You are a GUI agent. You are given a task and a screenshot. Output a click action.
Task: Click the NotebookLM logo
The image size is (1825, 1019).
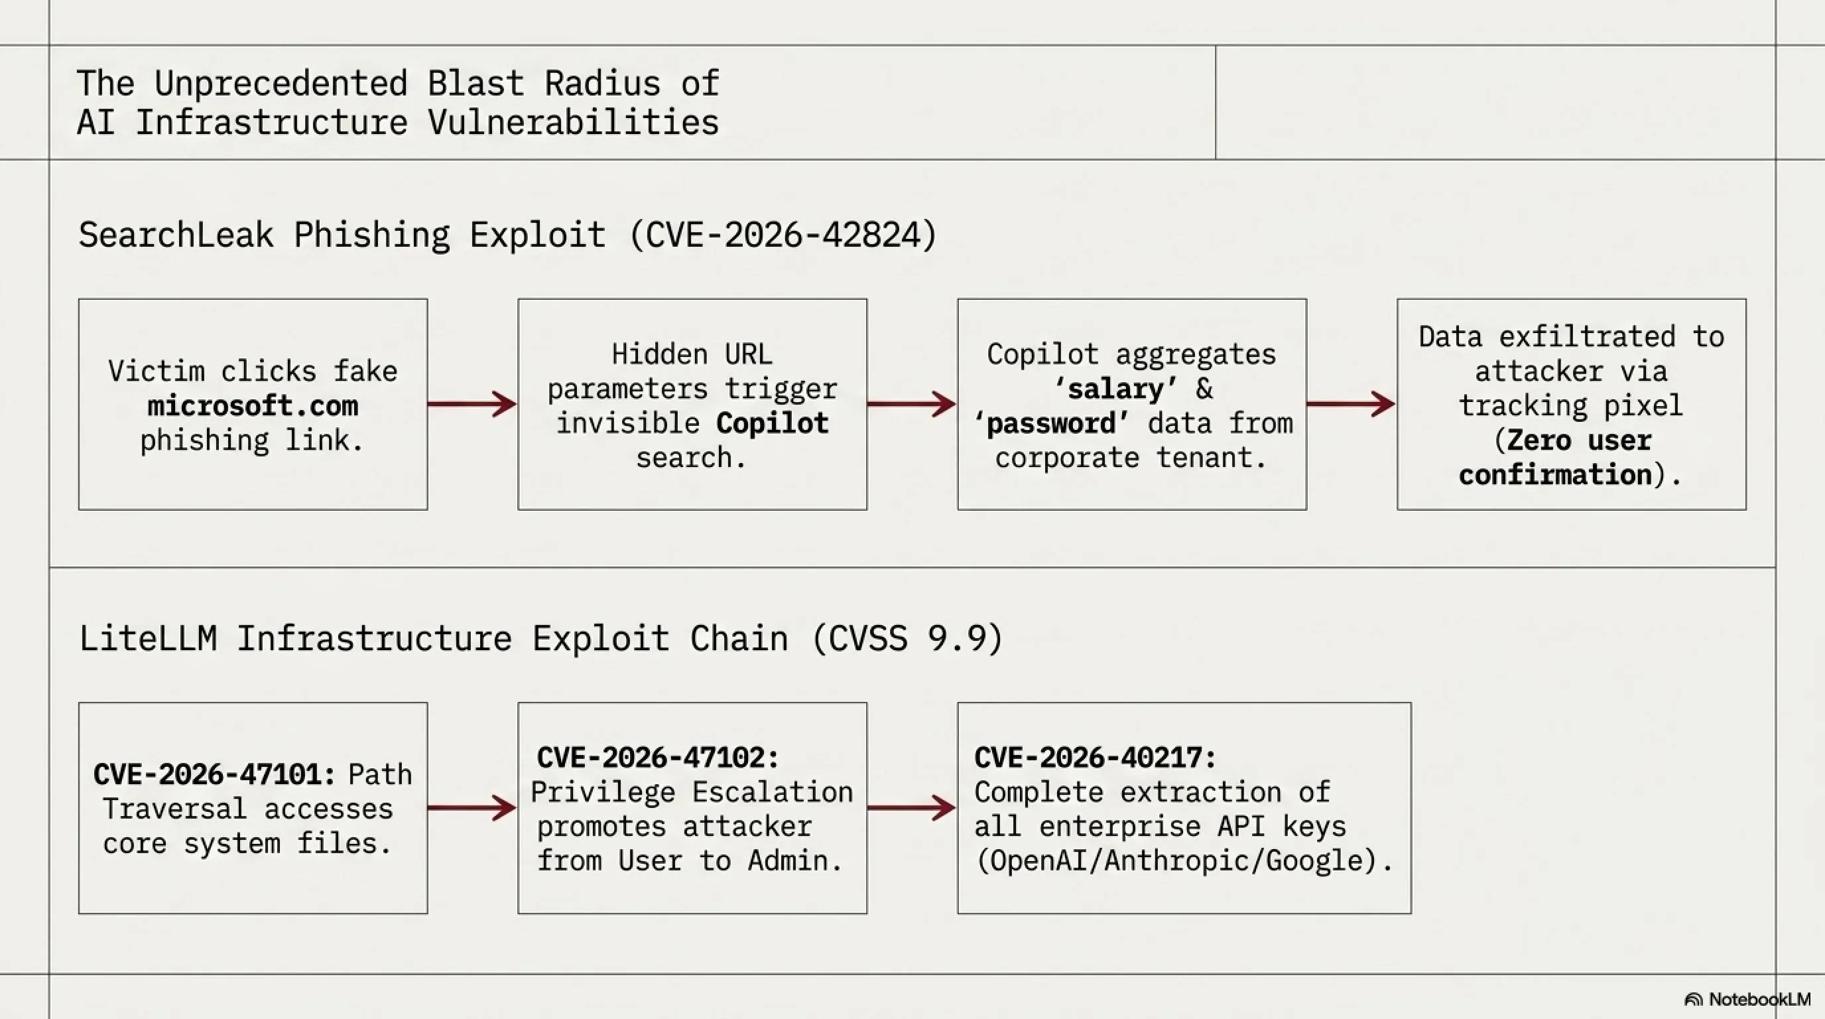1746,999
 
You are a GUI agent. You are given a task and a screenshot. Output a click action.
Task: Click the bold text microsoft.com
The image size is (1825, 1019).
253,406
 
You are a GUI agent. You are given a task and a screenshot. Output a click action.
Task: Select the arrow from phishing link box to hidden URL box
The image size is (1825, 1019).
472,404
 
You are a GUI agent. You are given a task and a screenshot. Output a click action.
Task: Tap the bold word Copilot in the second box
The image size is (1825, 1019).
772,423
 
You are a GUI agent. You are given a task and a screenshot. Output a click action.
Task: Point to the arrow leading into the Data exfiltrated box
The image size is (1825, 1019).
1351,404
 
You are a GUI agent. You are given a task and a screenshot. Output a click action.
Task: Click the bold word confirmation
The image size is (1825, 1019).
1556,475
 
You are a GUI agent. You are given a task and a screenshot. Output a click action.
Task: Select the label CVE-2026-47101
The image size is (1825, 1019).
215,774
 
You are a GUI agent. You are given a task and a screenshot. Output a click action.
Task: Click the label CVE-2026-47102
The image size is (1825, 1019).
658,758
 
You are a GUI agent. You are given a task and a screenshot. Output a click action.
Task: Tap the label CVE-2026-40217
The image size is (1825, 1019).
1096,758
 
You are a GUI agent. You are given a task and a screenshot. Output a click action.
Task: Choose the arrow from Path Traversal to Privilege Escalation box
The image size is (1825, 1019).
472,808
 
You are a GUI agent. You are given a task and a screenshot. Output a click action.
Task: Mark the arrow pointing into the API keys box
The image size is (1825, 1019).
912,808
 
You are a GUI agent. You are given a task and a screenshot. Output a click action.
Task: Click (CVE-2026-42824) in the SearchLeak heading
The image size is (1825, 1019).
783,235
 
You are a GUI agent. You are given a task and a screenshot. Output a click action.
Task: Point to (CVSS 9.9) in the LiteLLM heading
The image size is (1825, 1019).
908,638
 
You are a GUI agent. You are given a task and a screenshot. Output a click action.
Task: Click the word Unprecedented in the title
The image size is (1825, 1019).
281,84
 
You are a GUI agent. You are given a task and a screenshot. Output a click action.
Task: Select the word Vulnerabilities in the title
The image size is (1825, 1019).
573,122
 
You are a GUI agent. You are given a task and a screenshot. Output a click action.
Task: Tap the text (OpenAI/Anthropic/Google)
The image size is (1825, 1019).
1184,861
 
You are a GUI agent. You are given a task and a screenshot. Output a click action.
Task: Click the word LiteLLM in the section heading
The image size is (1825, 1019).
148,638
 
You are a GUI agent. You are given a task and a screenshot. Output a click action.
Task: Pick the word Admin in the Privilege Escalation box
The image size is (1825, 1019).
796,861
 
